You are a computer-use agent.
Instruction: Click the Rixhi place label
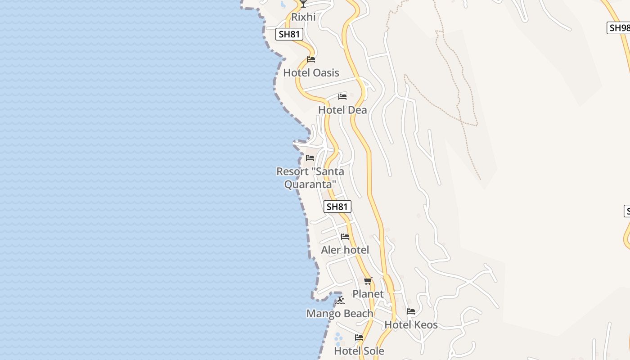[303, 17]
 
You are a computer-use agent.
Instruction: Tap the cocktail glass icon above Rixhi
[303, 4]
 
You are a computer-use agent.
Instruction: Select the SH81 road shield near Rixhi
[289, 34]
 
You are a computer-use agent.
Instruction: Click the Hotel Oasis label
[311, 73]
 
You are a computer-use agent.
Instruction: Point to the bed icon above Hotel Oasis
[310, 59]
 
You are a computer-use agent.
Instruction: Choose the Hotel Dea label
[342, 110]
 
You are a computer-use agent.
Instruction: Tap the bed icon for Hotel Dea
[342, 96]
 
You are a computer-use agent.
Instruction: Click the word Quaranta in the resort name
[310, 184]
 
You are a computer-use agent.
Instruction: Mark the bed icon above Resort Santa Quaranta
[310, 158]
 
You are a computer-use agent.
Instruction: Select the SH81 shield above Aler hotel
[337, 207]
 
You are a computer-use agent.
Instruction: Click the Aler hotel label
[345, 250]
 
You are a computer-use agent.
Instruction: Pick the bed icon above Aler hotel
[345, 237]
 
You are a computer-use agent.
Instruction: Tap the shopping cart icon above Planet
[368, 281]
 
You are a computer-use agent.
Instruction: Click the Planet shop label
[368, 294]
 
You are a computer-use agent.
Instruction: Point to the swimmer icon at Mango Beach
[340, 301]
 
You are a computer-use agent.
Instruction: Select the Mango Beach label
[340, 314]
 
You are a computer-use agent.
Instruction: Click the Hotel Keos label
[411, 325]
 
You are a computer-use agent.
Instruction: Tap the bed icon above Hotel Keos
[411, 311]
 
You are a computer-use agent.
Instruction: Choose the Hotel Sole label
[359, 351]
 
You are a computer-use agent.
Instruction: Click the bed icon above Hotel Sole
[359, 337]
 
